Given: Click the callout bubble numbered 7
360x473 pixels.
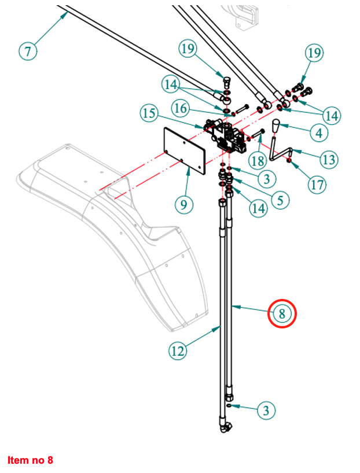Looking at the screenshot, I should pos(28,51).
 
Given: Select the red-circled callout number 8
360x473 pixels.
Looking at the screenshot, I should pos(282,314).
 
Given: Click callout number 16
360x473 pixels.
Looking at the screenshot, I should pos(180,108).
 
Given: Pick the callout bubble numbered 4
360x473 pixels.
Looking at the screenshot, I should pos(319,133).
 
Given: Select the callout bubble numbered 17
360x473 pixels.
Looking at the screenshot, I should pos(317,185).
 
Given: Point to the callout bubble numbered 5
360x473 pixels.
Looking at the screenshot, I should pos(280,200).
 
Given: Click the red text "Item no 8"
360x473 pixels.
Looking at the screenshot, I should pos(30,460).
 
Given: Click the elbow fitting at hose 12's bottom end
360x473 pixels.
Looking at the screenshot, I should pos(225,428).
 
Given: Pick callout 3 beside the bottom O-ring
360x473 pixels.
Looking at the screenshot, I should pos(266,411).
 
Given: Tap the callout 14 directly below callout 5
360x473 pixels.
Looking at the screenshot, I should pos(259,208).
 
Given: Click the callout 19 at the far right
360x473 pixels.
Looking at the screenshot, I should pos(314,54).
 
